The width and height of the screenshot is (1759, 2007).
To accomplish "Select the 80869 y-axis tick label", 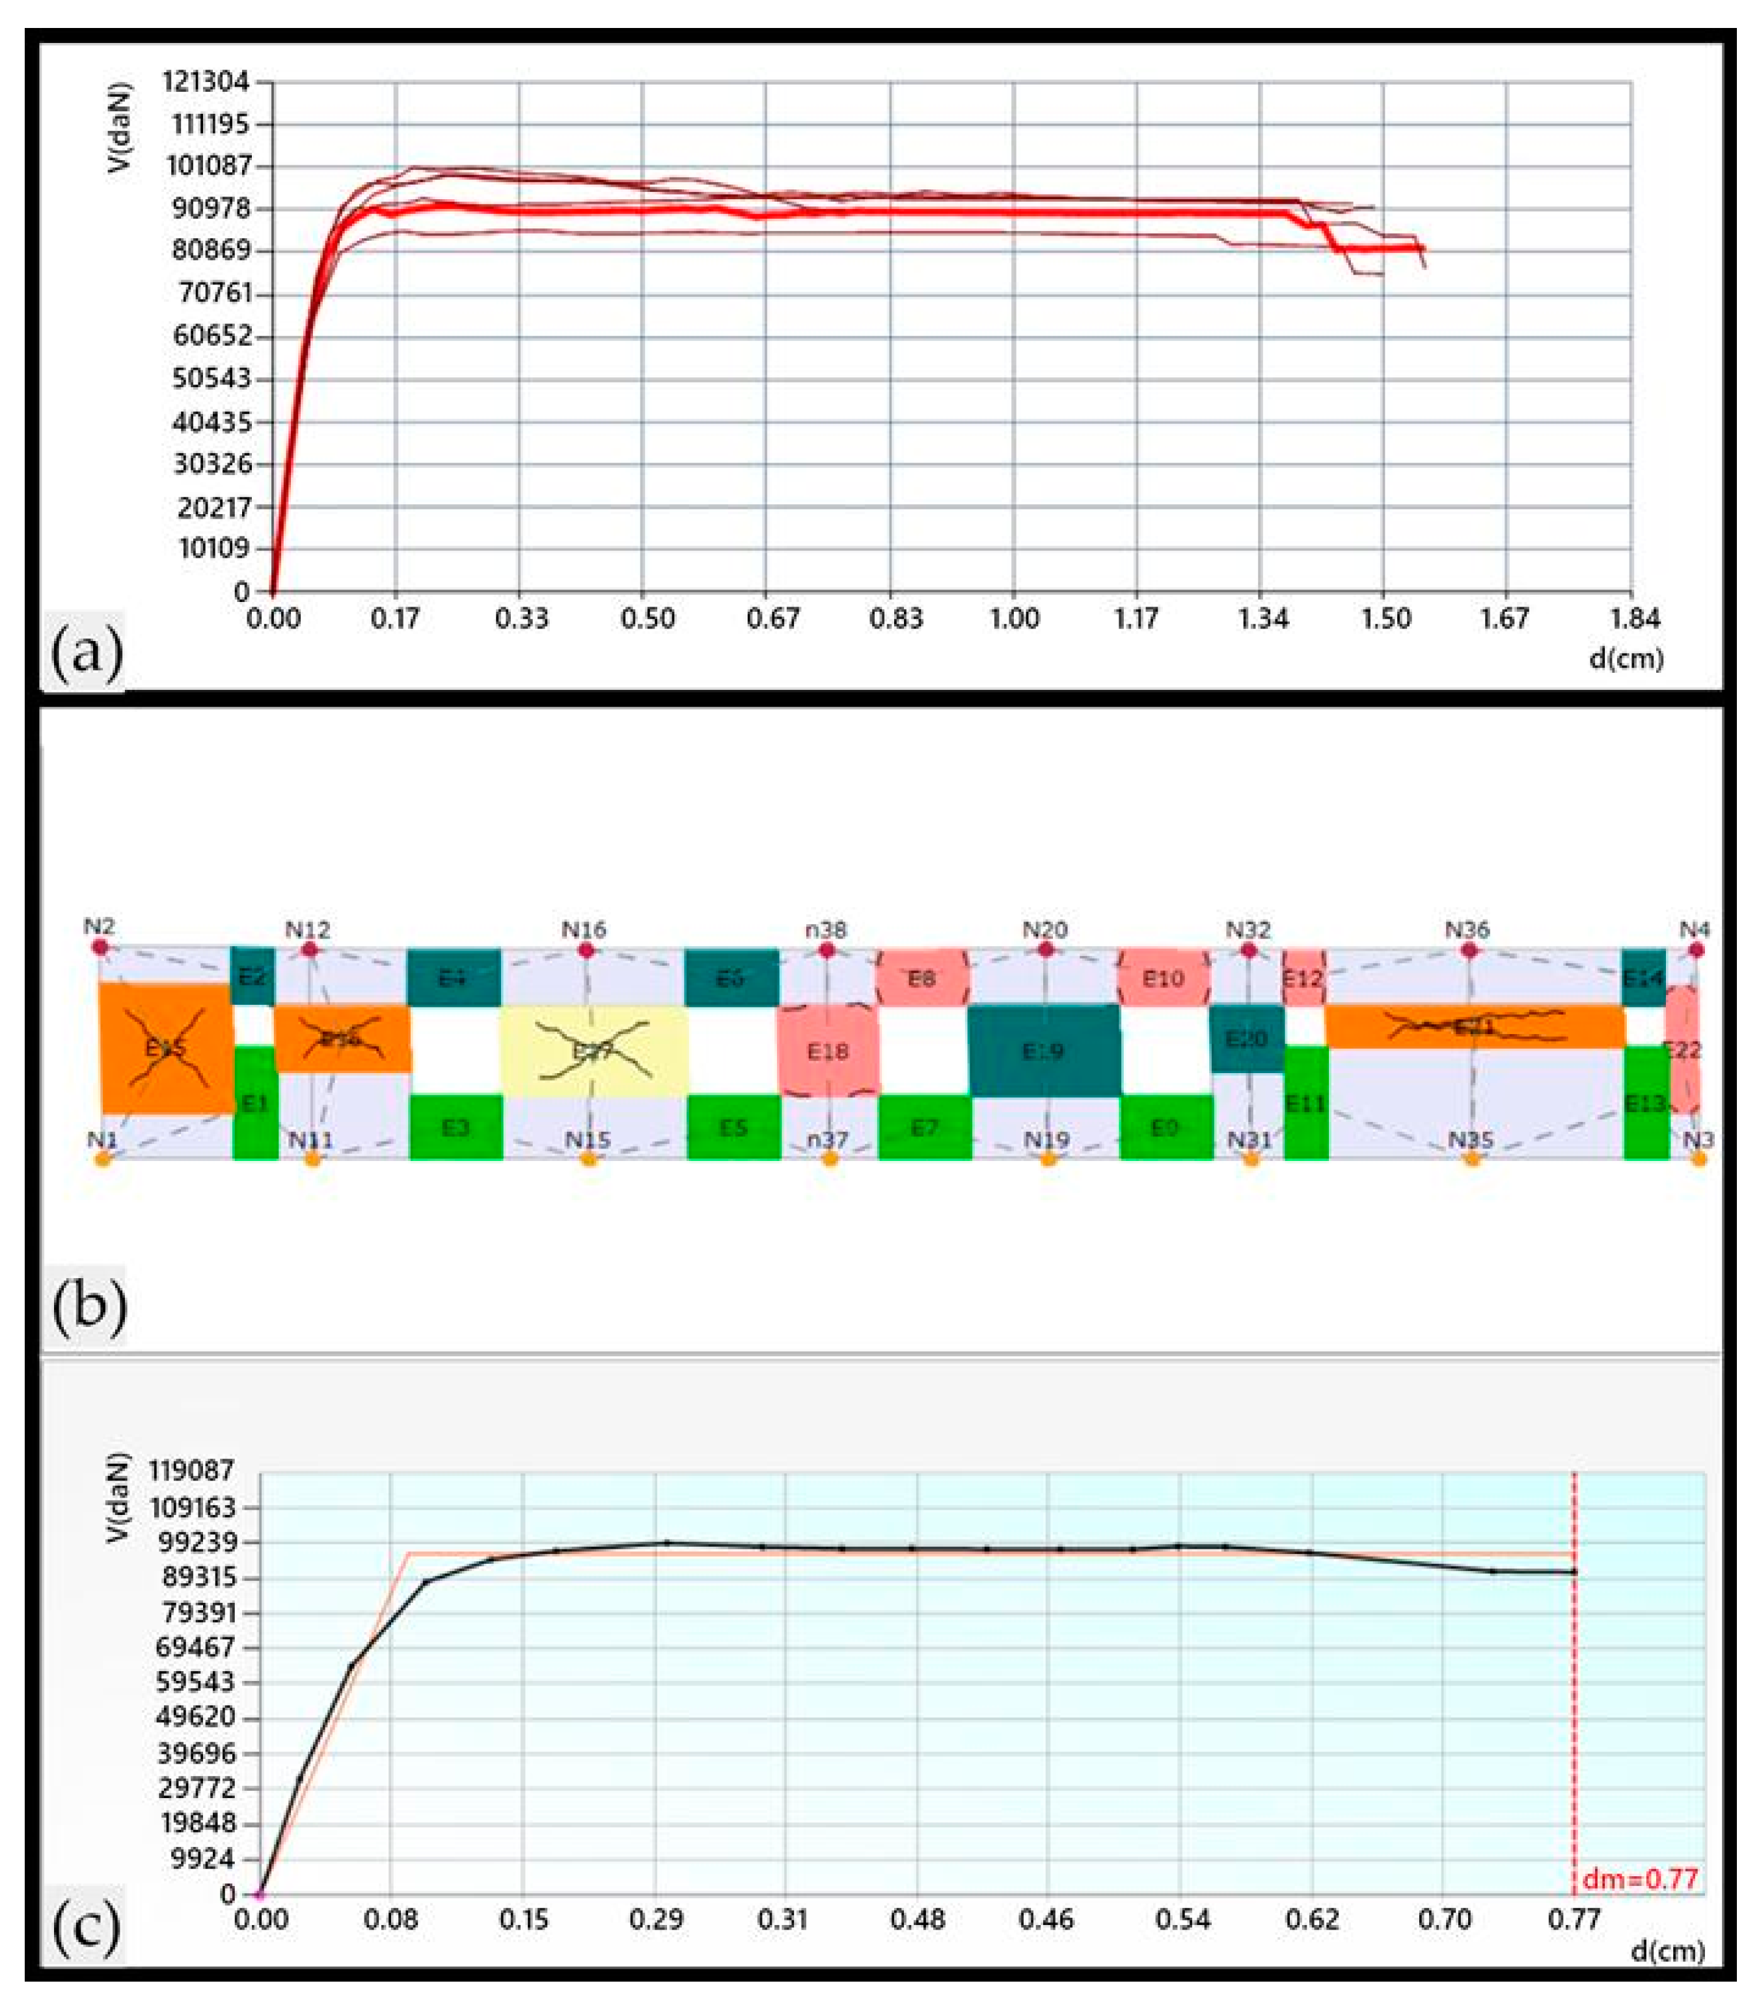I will [x=211, y=251].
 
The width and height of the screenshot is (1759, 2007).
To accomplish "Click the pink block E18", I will [x=828, y=1051].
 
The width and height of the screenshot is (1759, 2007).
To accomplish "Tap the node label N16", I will [x=584, y=929].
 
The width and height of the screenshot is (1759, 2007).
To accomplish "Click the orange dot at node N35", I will [x=1471, y=1159].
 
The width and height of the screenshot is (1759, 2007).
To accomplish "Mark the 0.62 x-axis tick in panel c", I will [x=1313, y=1918].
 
